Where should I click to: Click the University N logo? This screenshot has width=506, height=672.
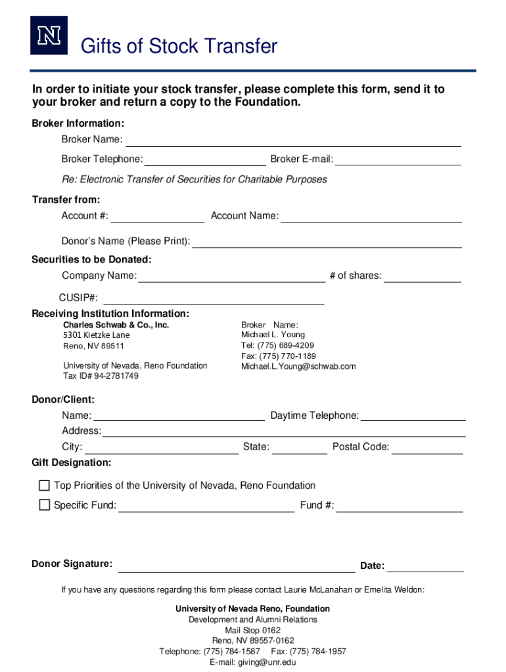[x=49, y=36]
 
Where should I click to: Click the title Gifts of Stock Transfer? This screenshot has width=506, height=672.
[x=178, y=47]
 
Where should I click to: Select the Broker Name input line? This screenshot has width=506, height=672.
[x=293, y=140]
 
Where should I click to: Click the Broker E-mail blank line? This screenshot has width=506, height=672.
[x=398, y=160]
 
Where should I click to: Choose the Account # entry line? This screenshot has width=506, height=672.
[x=158, y=217]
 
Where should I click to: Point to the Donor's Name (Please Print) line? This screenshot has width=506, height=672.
[x=327, y=242]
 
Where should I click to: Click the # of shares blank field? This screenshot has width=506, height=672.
[x=423, y=276]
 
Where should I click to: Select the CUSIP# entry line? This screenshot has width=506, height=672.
[x=213, y=299]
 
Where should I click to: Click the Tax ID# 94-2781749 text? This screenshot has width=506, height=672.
[x=101, y=376]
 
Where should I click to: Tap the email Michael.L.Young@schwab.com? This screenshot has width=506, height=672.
[x=298, y=366]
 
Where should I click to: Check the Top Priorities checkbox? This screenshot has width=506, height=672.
[x=44, y=486]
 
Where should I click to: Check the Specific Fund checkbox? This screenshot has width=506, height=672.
[x=44, y=505]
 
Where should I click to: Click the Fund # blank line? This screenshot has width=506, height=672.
[x=400, y=506]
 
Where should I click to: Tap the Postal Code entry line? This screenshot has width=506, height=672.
[x=428, y=448]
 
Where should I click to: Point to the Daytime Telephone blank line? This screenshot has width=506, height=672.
[x=413, y=416]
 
